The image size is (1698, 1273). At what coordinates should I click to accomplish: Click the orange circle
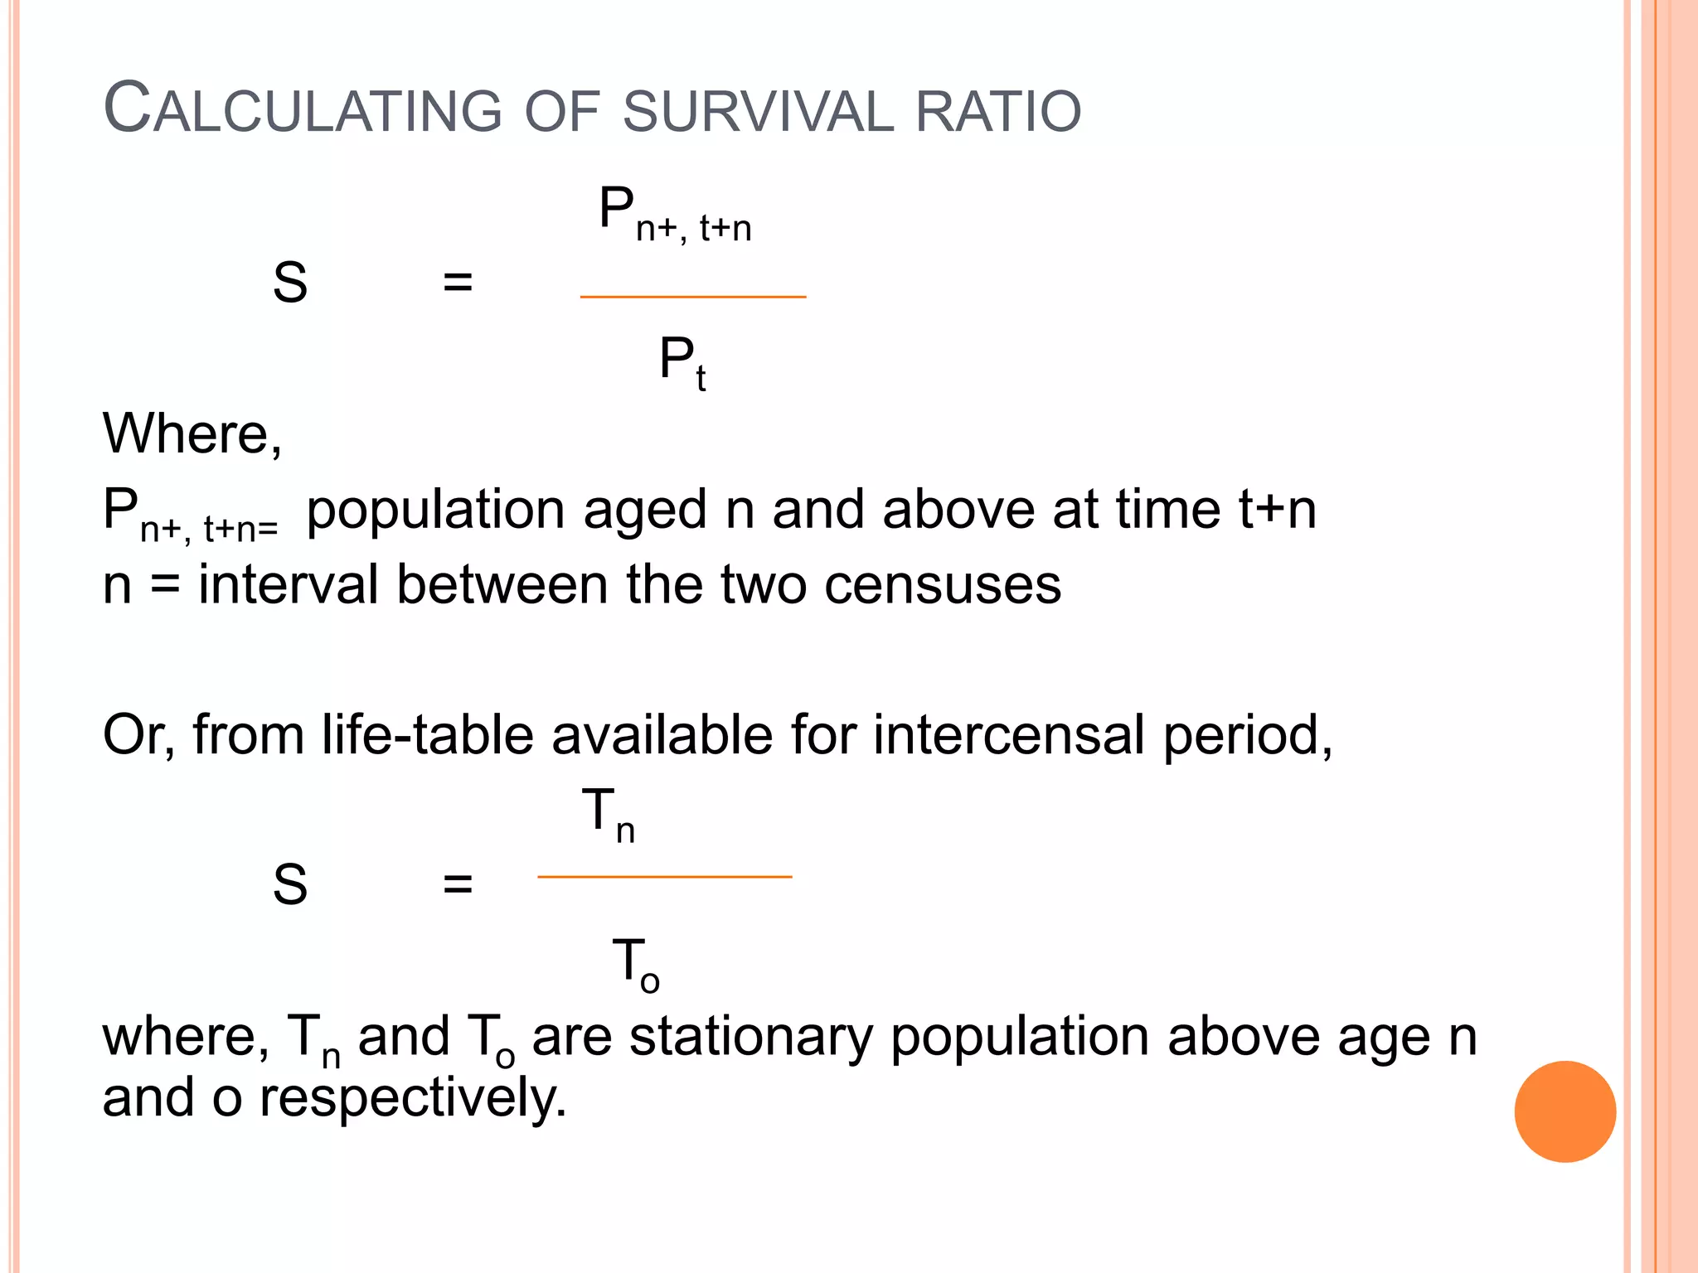tap(1565, 1111)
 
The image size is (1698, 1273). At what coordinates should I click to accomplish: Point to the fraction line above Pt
tap(692, 296)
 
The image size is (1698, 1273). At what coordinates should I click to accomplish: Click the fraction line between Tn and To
tap(664, 876)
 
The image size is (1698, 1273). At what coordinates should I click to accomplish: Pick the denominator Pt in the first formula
tap(682, 362)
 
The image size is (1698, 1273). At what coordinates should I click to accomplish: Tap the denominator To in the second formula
tap(635, 964)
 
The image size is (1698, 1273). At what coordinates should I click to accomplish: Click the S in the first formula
tap(290, 283)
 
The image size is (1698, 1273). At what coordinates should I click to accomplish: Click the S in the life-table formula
tap(290, 884)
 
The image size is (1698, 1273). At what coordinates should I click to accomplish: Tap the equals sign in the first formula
tap(458, 283)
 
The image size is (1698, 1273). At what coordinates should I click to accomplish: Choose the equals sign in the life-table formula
tap(458, 884)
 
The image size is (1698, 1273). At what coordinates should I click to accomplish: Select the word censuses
tap(943, 584)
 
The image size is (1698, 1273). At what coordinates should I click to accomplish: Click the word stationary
tap(751, 1037)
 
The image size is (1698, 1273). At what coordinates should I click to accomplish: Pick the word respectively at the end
tap(413, 1098)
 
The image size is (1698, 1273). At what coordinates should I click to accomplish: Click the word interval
tap(288, 584)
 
